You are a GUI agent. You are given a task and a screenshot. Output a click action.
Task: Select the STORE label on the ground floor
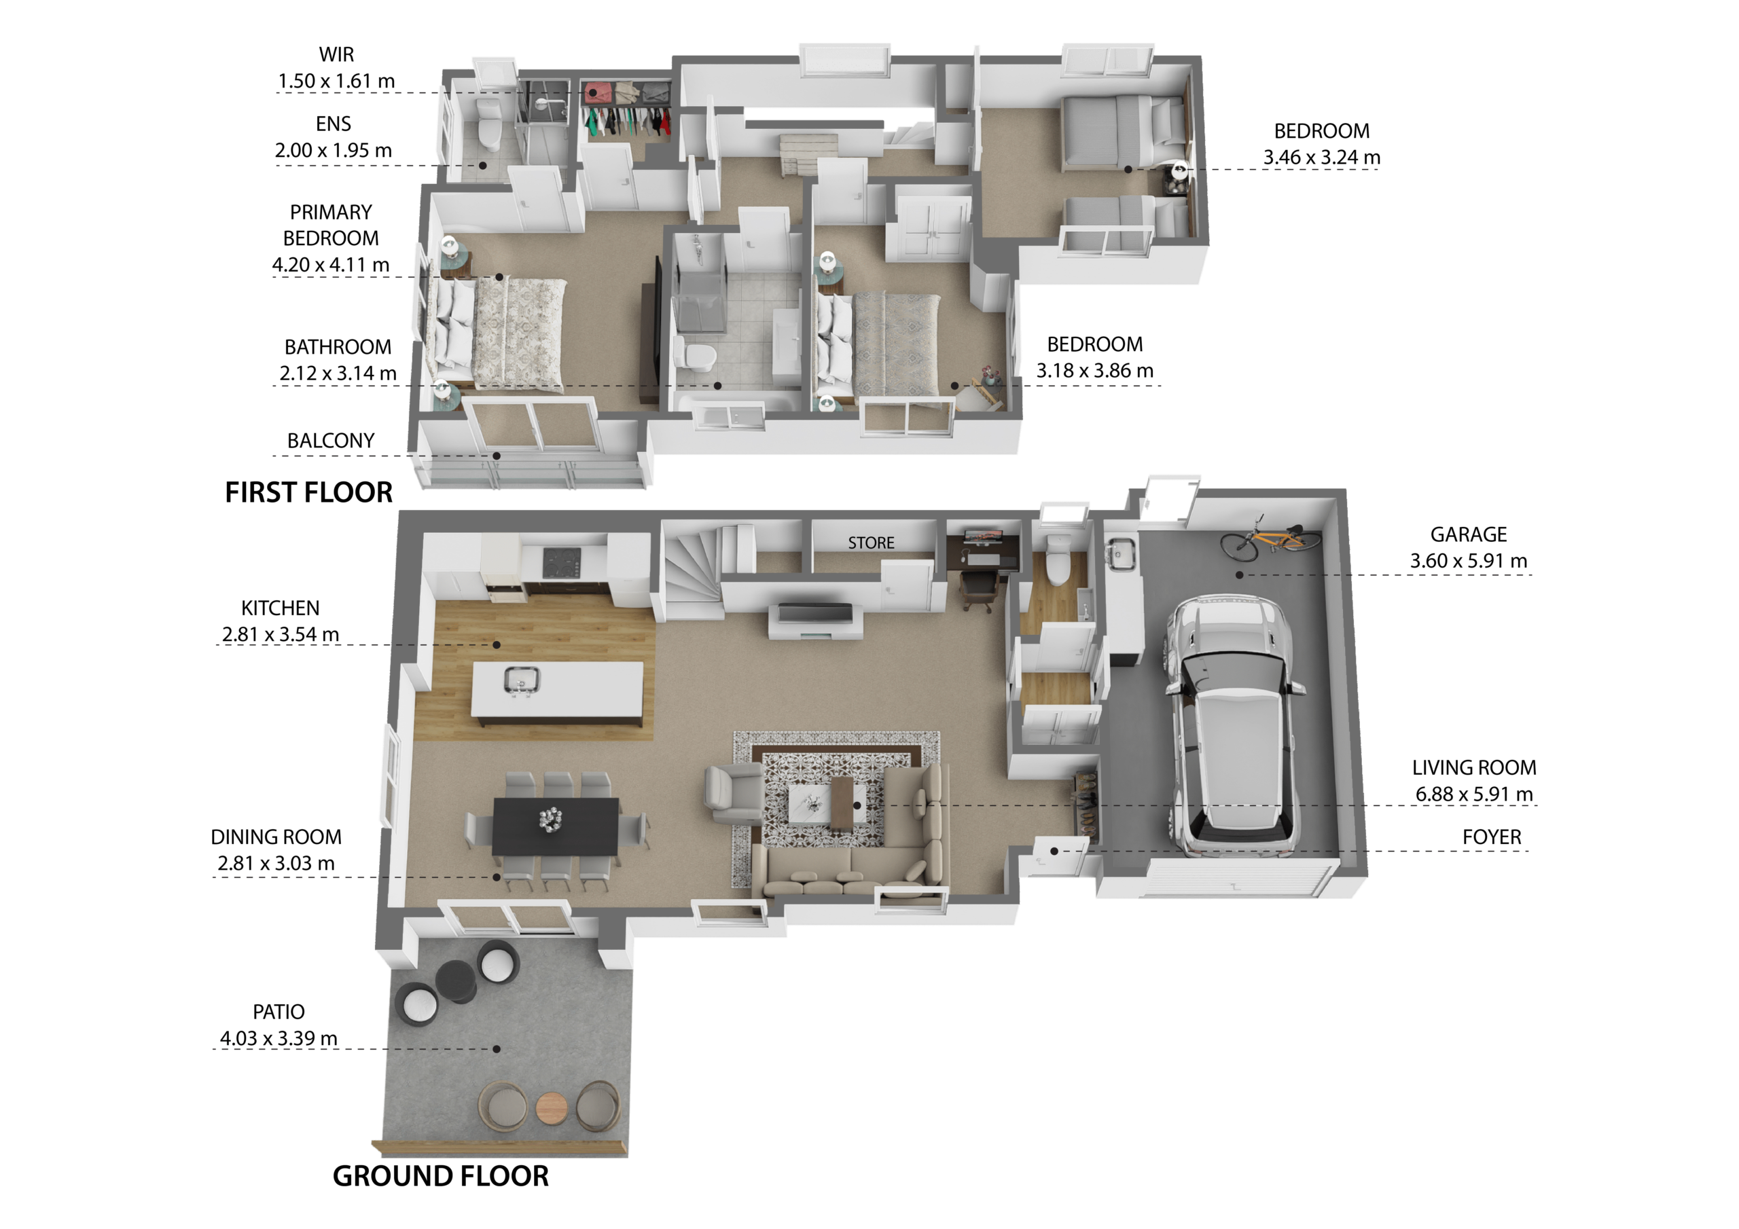tap(871, 543)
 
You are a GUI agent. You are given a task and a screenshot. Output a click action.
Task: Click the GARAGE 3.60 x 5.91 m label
tap(1468, 547)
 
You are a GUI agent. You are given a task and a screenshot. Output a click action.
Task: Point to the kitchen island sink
tap(521, 679)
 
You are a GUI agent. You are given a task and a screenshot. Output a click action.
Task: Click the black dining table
tap(556, 826)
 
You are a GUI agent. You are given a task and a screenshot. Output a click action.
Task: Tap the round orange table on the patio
tap(552, 1109)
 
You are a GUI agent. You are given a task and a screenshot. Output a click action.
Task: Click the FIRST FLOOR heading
tap(309, 493)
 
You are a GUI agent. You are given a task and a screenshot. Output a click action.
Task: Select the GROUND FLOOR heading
tap(441, 1176)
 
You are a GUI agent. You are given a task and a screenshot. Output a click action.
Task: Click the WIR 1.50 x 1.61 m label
tap(336, 67)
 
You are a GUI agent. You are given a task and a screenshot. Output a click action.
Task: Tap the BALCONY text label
tap(331, 441)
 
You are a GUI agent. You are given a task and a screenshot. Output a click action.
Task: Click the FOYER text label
tap(1491, 837)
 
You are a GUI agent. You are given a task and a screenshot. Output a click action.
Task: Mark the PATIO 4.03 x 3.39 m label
tap(279, 1025)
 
